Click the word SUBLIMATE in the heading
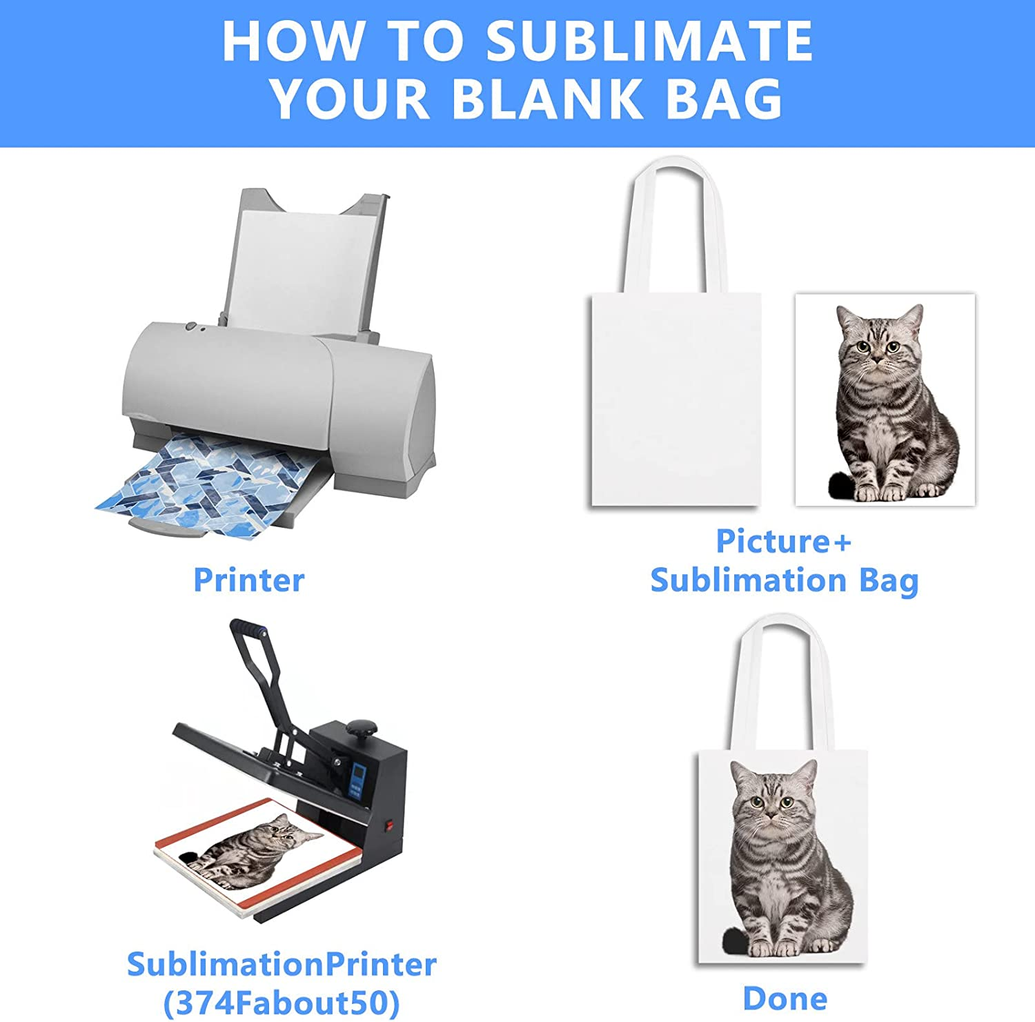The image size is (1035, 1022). coord(649,41)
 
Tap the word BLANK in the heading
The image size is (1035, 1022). coord(546,99)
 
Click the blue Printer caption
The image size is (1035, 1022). coord(248,580)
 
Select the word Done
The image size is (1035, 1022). coord(785,999)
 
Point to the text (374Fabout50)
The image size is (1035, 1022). coord(281,1003)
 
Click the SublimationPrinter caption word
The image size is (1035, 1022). coord(282,964)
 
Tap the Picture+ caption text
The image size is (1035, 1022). coord(784,541)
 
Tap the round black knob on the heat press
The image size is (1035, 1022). coord(362,729)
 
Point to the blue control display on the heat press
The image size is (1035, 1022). coord(357,780)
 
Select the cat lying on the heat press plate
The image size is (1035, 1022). coord(251,849)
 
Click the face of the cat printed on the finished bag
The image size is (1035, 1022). coord(772,797)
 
